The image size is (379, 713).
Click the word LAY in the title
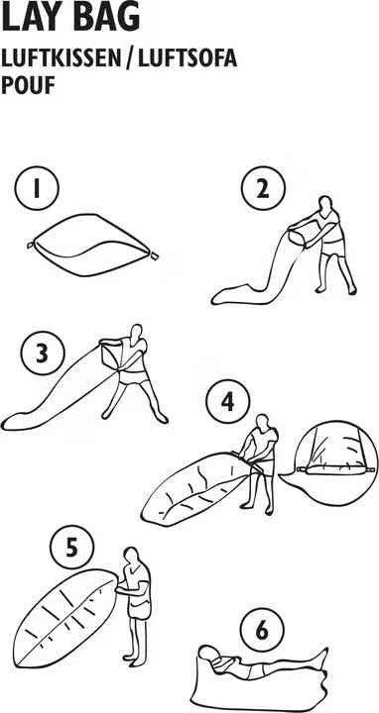[x=30, y=17]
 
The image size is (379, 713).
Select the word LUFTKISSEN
[x=60, y=59]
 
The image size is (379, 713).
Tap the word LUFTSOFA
[x=187, y=59]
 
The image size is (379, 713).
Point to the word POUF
[x=28, y=85]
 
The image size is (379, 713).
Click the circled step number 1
[x=37, y=189]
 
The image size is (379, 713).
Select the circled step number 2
[x=263, y=189]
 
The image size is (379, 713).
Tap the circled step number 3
[x=43, y=354]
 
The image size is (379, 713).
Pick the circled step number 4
[x=228, y=402]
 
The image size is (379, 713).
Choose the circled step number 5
[x=72, y=548]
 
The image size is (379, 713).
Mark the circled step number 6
[x=262, y=631]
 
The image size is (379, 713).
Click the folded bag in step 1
[x=92, y=245]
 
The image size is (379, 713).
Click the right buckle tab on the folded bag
[x=154, y=256]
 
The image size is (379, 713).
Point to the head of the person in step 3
[x=136, y=332]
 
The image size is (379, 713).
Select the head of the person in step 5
[x=131, y=556]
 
